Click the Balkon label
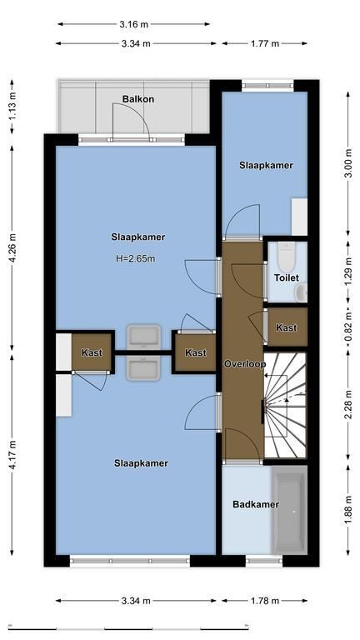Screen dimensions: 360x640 [x=138, y=99]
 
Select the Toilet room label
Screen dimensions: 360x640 [x=286, y=277]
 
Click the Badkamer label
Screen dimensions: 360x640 [x=256, y=504]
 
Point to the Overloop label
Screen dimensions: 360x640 [x=245, y=364]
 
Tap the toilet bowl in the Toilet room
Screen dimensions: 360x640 [x=286, y=255]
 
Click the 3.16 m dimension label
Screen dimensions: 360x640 [x=134, y=24]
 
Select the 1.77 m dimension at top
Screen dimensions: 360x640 [x=265, y=43]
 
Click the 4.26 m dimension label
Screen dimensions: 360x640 [x=12, y=247]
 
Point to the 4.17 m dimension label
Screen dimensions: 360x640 [x=12, y=455]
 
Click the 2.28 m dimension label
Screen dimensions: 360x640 [x=347, y=404]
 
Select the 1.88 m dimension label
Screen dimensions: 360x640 [x=347, y=509]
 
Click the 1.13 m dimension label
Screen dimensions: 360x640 [x=12, y=106]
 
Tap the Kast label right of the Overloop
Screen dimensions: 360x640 [x=287, y=327]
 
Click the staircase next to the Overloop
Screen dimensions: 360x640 [x=285, y=404]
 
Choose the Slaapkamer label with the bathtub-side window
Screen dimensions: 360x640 [x=141, y=462]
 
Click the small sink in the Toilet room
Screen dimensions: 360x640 [x=302, y=292]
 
